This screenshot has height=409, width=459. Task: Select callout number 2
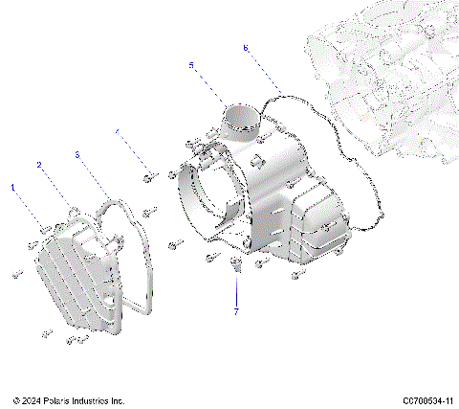pyautogui.click(x=40, y=165)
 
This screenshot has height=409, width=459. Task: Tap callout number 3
pyautogui.click(x=76, y=153)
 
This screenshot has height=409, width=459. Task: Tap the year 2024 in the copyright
pyautogui.click(x=36, y=400)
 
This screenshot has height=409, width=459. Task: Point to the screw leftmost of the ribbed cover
pyautogui.click(x=16, y=275)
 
